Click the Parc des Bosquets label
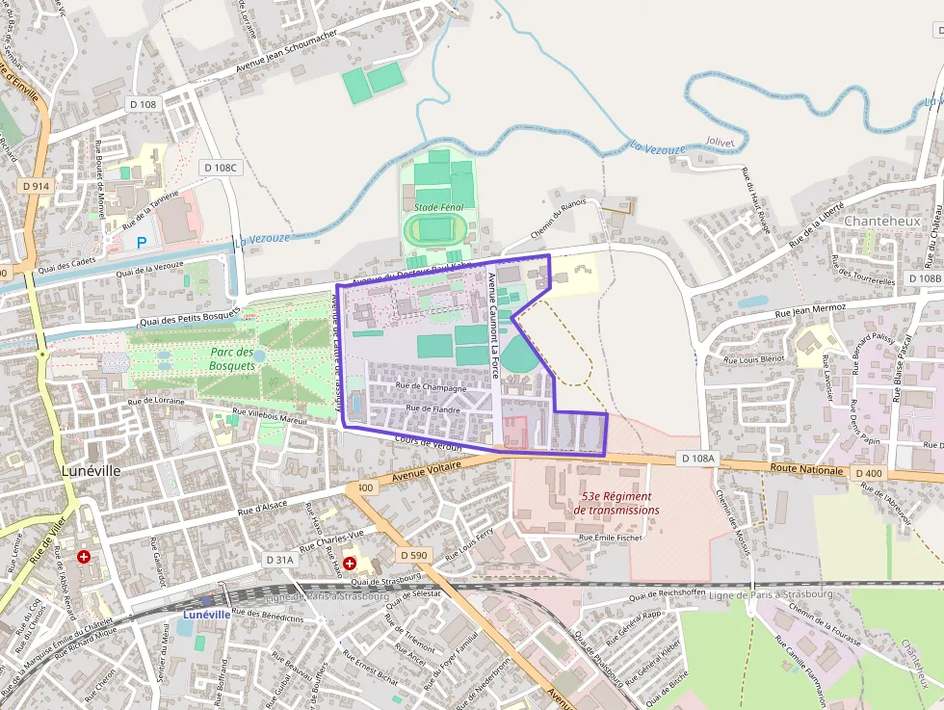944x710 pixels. tap(232, 358)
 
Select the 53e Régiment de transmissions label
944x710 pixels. tap(616, 503)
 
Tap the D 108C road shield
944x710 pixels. tap(220, 168)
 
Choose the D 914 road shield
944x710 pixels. tap(36, 186)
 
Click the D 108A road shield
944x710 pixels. tap(695, 459)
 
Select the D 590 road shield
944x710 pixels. tap(412, 555)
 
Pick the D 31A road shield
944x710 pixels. tap(279, 559)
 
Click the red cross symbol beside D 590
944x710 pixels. tap(351, 562)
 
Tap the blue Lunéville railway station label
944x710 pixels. tap(206, 614)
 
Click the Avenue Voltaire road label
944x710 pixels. tap(429, 471)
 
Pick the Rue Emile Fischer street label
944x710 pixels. tap(610, 537)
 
